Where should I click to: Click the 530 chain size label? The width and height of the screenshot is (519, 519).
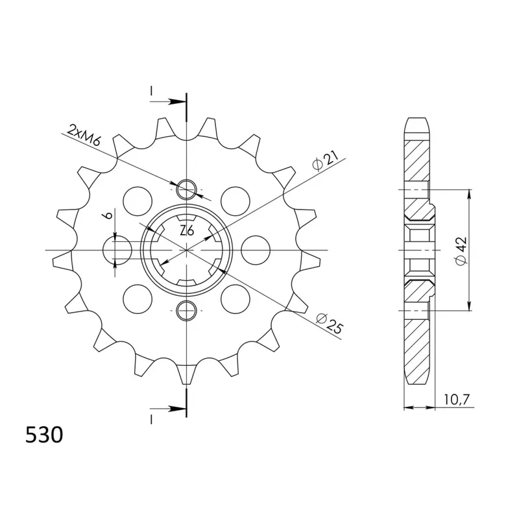(44, 435)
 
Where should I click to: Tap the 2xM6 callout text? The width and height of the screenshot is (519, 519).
(84, 136)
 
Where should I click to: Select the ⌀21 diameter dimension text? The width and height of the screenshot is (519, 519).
(326, 160)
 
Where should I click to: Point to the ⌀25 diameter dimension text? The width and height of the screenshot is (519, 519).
(330, 323)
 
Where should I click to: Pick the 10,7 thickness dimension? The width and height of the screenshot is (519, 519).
(457, 400)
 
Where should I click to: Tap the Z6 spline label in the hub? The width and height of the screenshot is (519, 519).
(187, 231)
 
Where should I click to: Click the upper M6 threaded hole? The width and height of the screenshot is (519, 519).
(187, 189)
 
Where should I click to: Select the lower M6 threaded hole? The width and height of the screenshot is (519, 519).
(187, 311)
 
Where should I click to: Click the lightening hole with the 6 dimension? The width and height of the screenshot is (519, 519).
(117, 250)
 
